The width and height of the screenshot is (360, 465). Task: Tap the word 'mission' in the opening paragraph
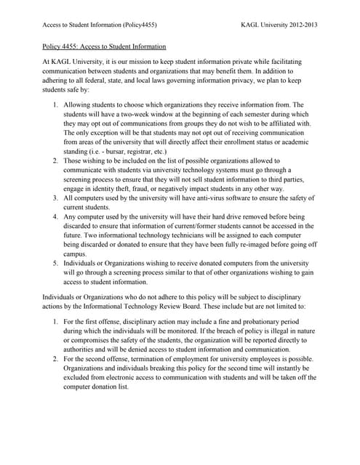139,62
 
